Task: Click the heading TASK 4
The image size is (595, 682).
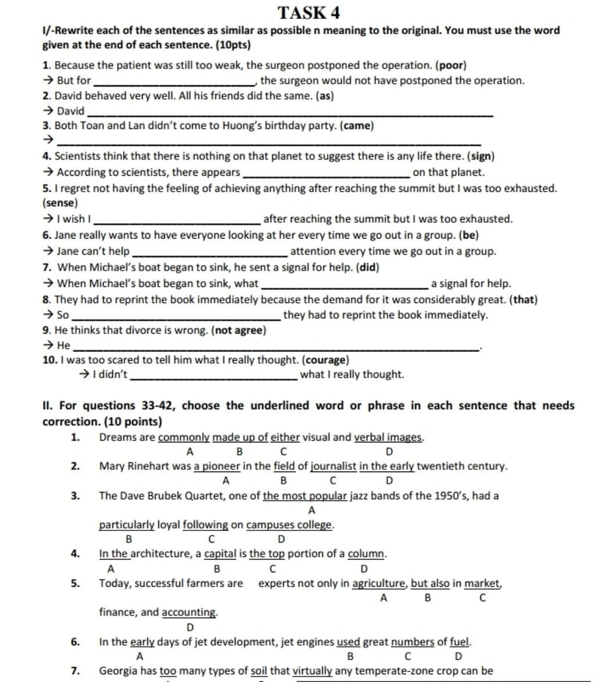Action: coord(309,12)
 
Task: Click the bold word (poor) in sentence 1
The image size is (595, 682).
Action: coord(452,66)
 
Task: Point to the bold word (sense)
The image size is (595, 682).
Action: coord(60,203)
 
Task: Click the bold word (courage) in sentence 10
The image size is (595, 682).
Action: coord(327,360)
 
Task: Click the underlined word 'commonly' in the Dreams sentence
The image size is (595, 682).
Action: coord(184,437)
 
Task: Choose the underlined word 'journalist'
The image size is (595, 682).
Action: coord(334,466)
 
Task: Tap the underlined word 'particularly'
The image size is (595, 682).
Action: coord(127,525)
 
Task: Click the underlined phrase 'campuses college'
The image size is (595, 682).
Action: coord(290,525)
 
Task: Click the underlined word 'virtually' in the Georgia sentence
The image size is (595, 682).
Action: coord(312,671)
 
